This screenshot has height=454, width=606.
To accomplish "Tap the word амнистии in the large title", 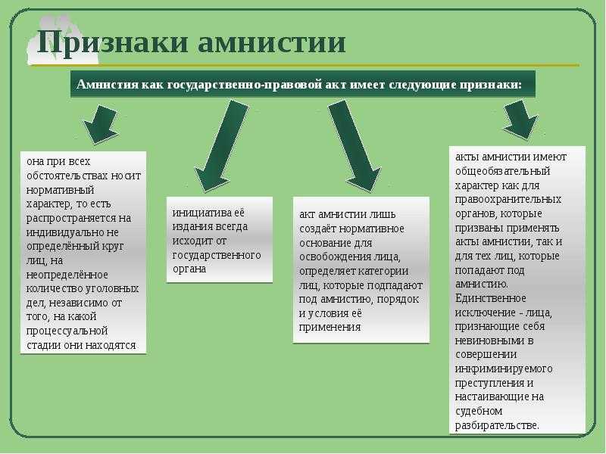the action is [x=272, y=42].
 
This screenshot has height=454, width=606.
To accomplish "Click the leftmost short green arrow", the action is [x=101, y=123].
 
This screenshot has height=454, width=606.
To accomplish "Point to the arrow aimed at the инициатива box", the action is [x=221, y=146].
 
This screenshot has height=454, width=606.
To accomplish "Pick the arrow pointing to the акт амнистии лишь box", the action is [x=355, y=146].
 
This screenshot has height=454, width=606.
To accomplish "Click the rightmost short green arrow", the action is [x=520, y=120].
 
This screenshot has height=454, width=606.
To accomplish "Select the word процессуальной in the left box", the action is [x=67, y=331].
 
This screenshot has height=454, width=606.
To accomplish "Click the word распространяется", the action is [x=72, y=218].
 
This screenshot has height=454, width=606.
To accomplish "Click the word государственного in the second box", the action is [x=217, y=255].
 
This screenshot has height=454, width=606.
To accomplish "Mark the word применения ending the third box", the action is [x=330, y=327].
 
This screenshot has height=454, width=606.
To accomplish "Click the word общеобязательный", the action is [x=503, y=171].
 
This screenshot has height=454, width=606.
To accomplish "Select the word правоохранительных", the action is [x=508, y=199].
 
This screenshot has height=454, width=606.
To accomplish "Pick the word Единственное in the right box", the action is [x=490, y=298].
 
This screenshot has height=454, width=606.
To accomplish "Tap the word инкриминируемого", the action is [x=504, y=368].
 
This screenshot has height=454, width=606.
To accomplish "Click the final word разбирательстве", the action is [x=497, y=425].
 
